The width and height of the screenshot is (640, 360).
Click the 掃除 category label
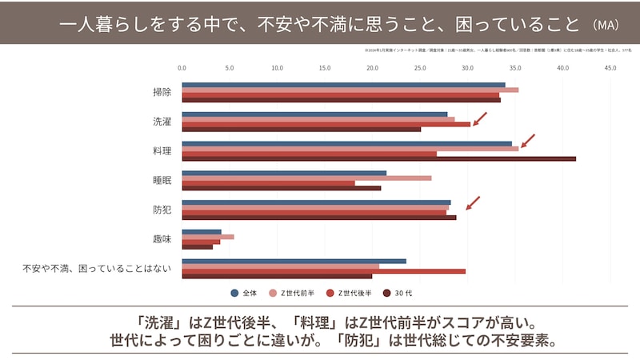tap(162, 92)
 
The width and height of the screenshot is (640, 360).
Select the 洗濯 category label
tap(162, 122)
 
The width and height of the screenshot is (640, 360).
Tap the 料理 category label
tap(162, 150)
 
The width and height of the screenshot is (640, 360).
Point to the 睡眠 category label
tap(162, 180)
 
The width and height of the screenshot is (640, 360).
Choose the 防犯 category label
tap(162, 210)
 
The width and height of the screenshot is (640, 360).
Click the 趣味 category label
tap(162, 238)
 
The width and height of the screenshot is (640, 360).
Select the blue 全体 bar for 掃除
tap(343, 84)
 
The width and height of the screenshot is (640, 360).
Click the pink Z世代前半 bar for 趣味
tap(208, 237)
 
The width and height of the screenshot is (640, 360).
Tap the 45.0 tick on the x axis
tap(610, 68)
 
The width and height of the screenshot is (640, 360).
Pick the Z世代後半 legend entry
tap(346, 292)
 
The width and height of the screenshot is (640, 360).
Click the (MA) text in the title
tap(602, 24)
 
